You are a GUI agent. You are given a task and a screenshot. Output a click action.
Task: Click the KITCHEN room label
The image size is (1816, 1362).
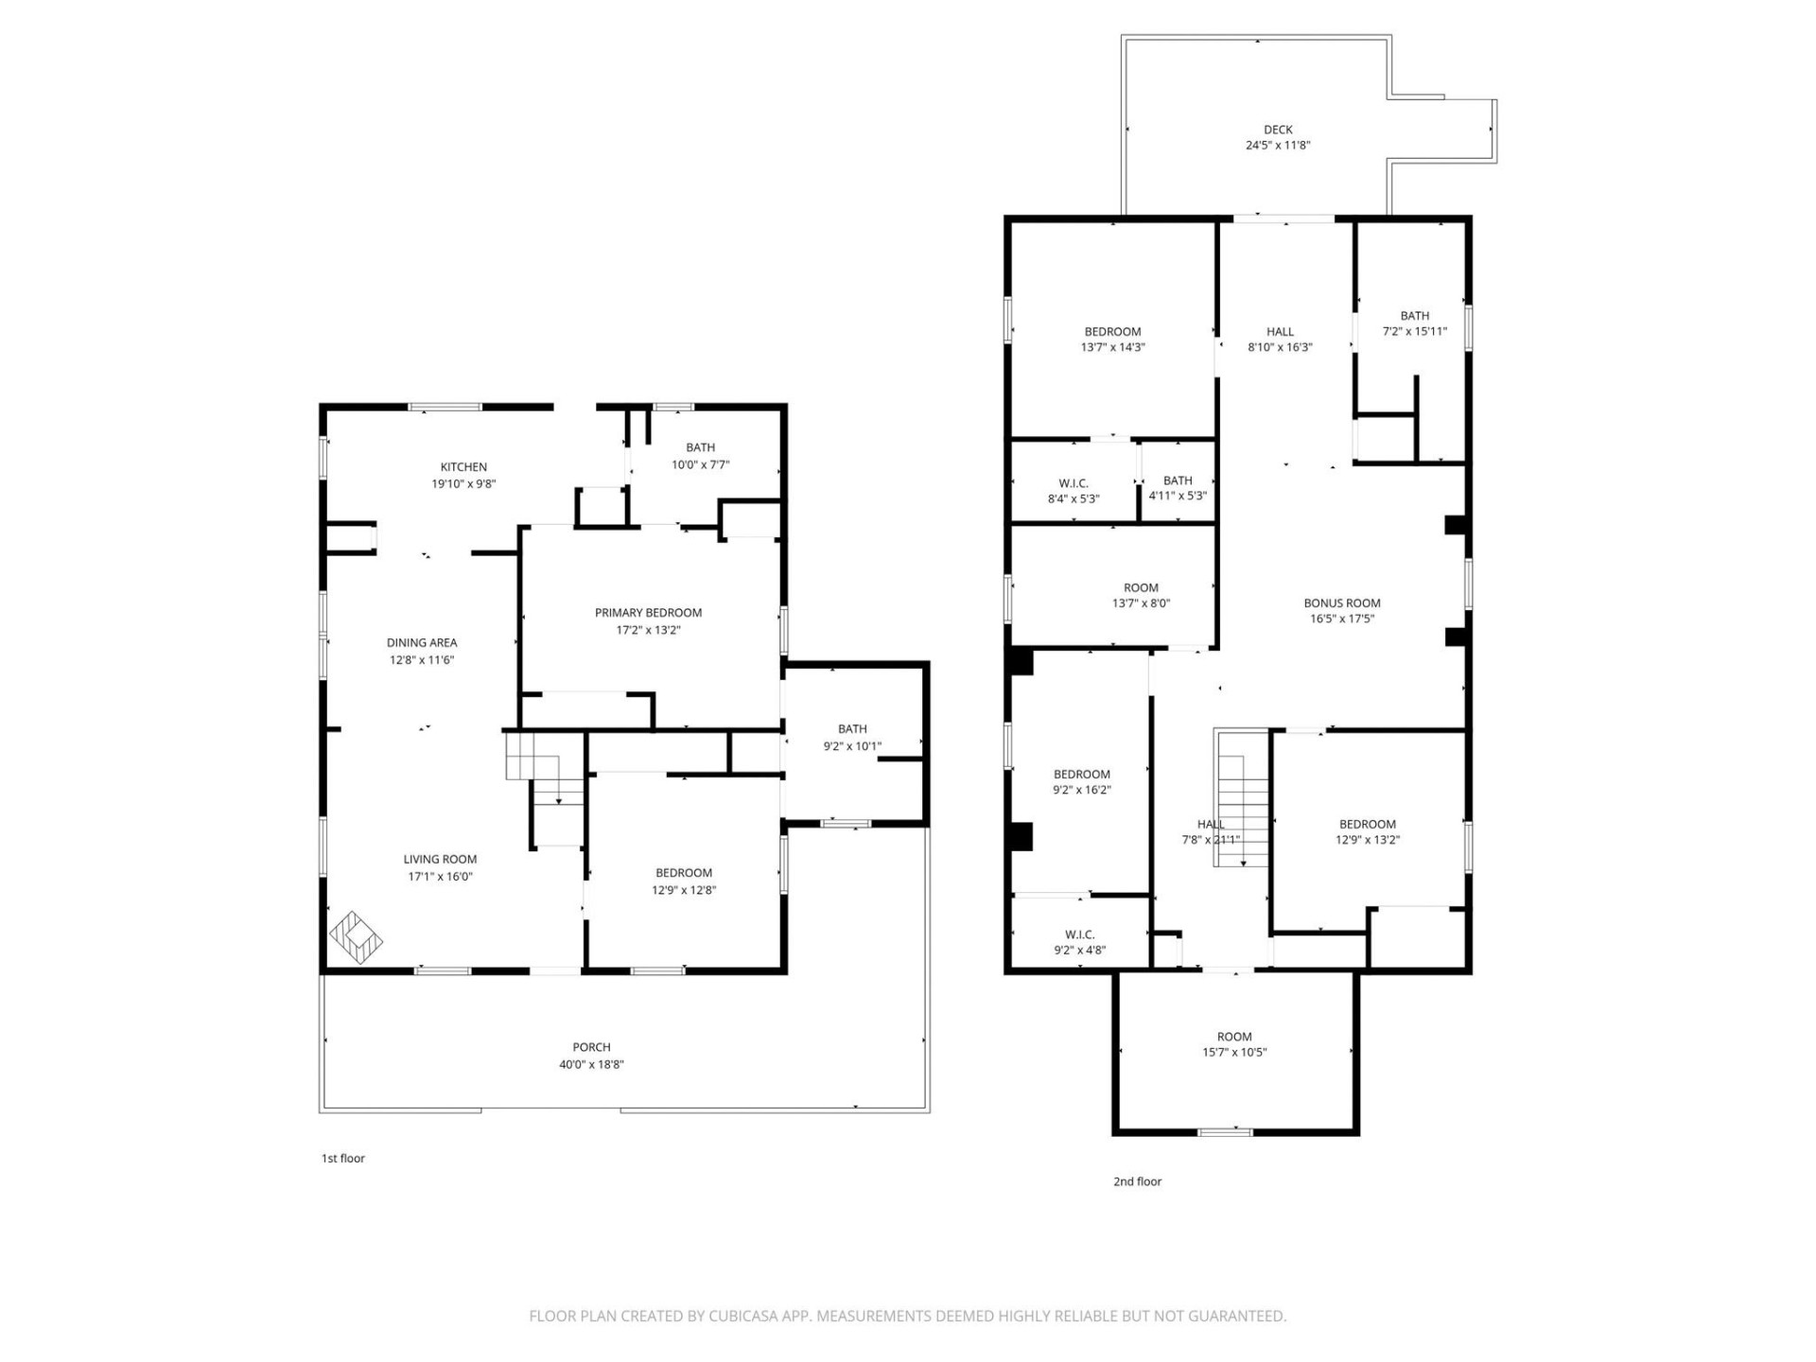(463, 467)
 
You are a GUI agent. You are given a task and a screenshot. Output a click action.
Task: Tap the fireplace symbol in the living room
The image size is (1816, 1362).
(356, 937)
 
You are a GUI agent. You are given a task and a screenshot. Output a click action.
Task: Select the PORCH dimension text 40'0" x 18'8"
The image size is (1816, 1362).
(591, 1064)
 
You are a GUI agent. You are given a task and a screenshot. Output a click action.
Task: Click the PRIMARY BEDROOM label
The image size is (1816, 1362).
(648, 613)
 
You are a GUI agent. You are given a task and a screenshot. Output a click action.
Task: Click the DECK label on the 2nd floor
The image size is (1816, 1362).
(1278, 130)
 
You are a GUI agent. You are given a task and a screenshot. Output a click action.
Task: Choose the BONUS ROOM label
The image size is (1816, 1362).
(1341, 603)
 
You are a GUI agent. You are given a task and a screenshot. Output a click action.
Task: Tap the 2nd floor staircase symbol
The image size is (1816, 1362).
(1241, 799)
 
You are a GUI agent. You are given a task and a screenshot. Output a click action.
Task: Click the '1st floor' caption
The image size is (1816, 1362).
(342, 1158)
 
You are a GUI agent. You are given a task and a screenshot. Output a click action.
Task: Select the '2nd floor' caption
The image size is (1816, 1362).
(1137, 1181)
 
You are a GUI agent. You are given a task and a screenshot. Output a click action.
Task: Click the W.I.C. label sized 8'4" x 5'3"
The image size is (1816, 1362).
(1074, 483)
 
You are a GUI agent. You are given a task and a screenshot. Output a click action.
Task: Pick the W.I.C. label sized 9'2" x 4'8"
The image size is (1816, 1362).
(1079, 934)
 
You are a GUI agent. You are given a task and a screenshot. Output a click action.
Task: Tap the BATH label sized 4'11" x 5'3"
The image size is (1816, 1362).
(1178, 480)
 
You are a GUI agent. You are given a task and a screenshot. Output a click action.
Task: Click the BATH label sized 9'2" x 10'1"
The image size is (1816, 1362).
(852, 729)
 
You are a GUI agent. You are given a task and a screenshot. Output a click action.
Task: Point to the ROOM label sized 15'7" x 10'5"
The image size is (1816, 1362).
(1234, 1037)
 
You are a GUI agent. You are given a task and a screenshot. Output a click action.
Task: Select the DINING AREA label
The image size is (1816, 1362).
(422, 643)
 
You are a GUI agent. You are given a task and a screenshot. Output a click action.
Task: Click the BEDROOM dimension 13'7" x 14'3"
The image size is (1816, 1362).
(1112, 347)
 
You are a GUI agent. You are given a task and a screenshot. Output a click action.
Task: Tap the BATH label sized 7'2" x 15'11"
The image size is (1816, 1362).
(1414, 316)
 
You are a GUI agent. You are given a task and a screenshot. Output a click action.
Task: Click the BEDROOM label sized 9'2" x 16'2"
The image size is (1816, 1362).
(1081, 775)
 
